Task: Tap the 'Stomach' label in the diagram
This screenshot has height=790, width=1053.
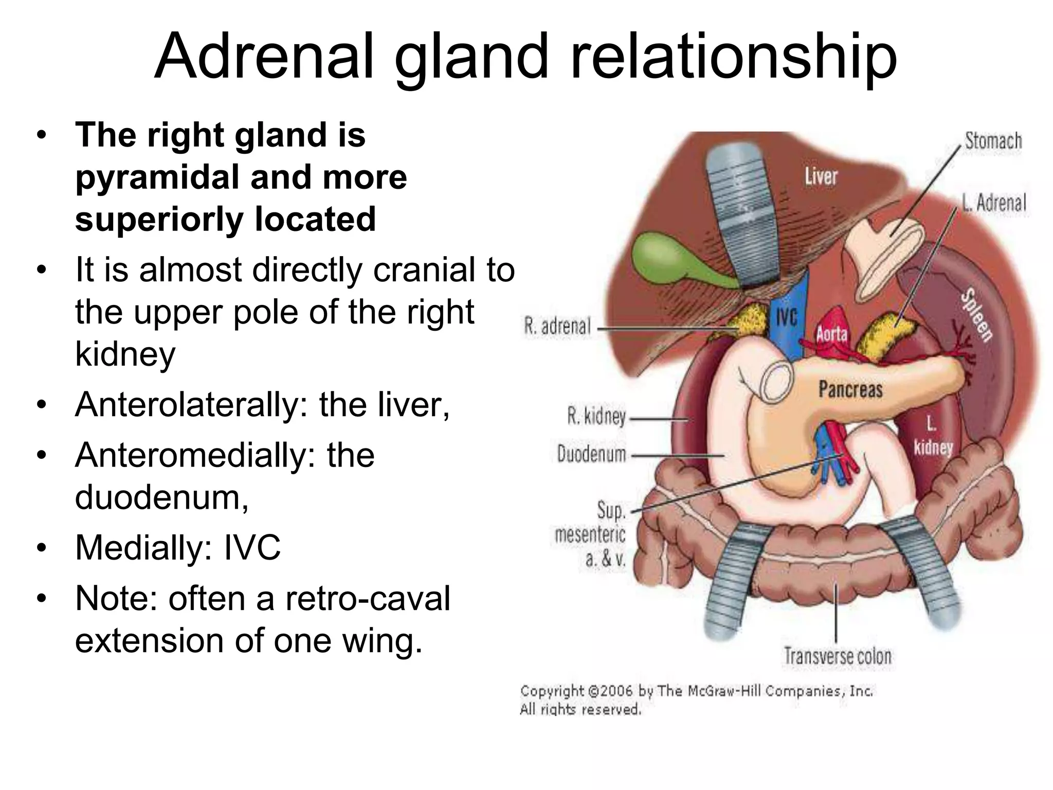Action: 993,140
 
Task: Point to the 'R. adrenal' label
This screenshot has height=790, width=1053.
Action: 557,326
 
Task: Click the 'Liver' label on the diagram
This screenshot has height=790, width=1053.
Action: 821,176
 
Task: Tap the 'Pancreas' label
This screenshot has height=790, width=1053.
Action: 850,389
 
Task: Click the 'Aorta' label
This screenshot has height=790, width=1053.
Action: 831,334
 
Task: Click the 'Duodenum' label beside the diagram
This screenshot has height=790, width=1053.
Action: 592,454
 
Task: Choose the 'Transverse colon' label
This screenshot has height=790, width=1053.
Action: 838,656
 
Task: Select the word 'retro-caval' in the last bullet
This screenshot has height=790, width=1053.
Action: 367,598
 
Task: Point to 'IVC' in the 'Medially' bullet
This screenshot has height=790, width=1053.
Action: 252,547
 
